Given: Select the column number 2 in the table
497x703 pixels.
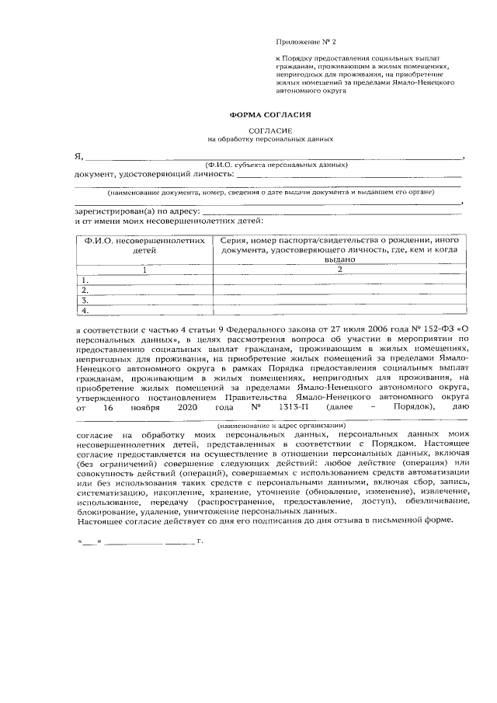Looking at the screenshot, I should pyautogui.click(x=339, y=270).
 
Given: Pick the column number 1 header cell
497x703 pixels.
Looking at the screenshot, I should pyautogui.click(x=144, y=270).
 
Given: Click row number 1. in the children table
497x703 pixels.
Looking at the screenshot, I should pyautogui.click(x=85, y=280).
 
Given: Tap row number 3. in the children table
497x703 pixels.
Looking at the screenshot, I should pyautogui.click(x=85, y=300).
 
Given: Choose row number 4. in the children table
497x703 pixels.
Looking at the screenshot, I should pyautogui.click(x=85, y=310).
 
